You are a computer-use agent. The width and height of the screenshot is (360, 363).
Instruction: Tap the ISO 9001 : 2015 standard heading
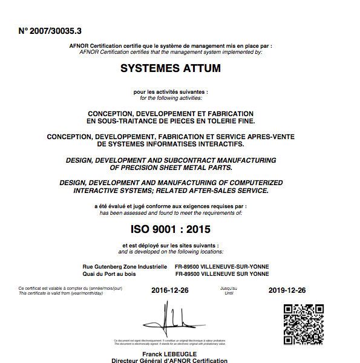point(171,229)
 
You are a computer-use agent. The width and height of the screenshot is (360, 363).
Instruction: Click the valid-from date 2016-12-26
point(170,290)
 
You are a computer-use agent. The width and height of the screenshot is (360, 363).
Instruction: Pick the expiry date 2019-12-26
point(287,290)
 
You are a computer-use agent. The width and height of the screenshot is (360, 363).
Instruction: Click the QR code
point(303,324)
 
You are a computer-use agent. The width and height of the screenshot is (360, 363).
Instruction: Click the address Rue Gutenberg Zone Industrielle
point(125,266)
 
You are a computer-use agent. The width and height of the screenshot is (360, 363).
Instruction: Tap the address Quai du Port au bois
point(110,273)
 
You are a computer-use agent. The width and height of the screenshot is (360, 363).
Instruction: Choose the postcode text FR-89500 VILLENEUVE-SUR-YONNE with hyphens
point(221,266)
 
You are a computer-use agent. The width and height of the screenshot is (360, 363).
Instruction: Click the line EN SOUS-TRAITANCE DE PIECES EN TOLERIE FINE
point(171,121)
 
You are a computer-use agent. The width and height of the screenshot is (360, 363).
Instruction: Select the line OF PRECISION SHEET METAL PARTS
point(171,167)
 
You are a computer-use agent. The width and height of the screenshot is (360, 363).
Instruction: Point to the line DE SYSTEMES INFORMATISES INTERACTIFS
point(171,144)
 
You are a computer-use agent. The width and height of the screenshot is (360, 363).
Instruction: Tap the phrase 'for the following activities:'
point(171,98)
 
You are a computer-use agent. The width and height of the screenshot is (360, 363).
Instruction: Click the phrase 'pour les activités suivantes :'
point(171,92)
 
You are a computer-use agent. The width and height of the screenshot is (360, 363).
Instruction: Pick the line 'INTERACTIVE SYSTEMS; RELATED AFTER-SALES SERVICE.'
point(171,190)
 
